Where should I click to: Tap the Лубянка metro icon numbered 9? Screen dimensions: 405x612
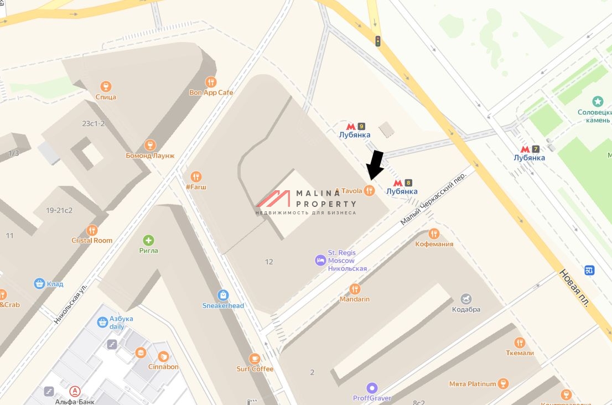(350, 126)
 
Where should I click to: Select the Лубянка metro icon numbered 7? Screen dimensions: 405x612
(525, 149)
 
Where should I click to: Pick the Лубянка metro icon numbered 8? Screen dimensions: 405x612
(398, 183)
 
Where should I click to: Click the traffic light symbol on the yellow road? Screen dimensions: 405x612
(378, 41)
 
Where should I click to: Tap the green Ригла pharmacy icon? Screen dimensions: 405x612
(148, 240)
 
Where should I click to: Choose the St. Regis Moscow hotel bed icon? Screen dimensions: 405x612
(320, 259)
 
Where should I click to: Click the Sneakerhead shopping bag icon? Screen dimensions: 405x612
(223, 295)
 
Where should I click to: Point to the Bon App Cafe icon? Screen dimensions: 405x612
(211, 82)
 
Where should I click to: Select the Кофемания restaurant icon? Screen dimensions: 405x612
(434, 233)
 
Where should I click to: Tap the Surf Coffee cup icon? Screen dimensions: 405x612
(255, 359)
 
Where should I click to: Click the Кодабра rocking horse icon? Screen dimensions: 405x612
(466, 299)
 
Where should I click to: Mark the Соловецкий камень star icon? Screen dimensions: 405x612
(598, 101)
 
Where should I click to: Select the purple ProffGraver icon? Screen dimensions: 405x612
(372, 388)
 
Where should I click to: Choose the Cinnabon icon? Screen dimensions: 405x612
(163, 356)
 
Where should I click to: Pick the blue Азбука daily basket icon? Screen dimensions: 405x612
(102, 322)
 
